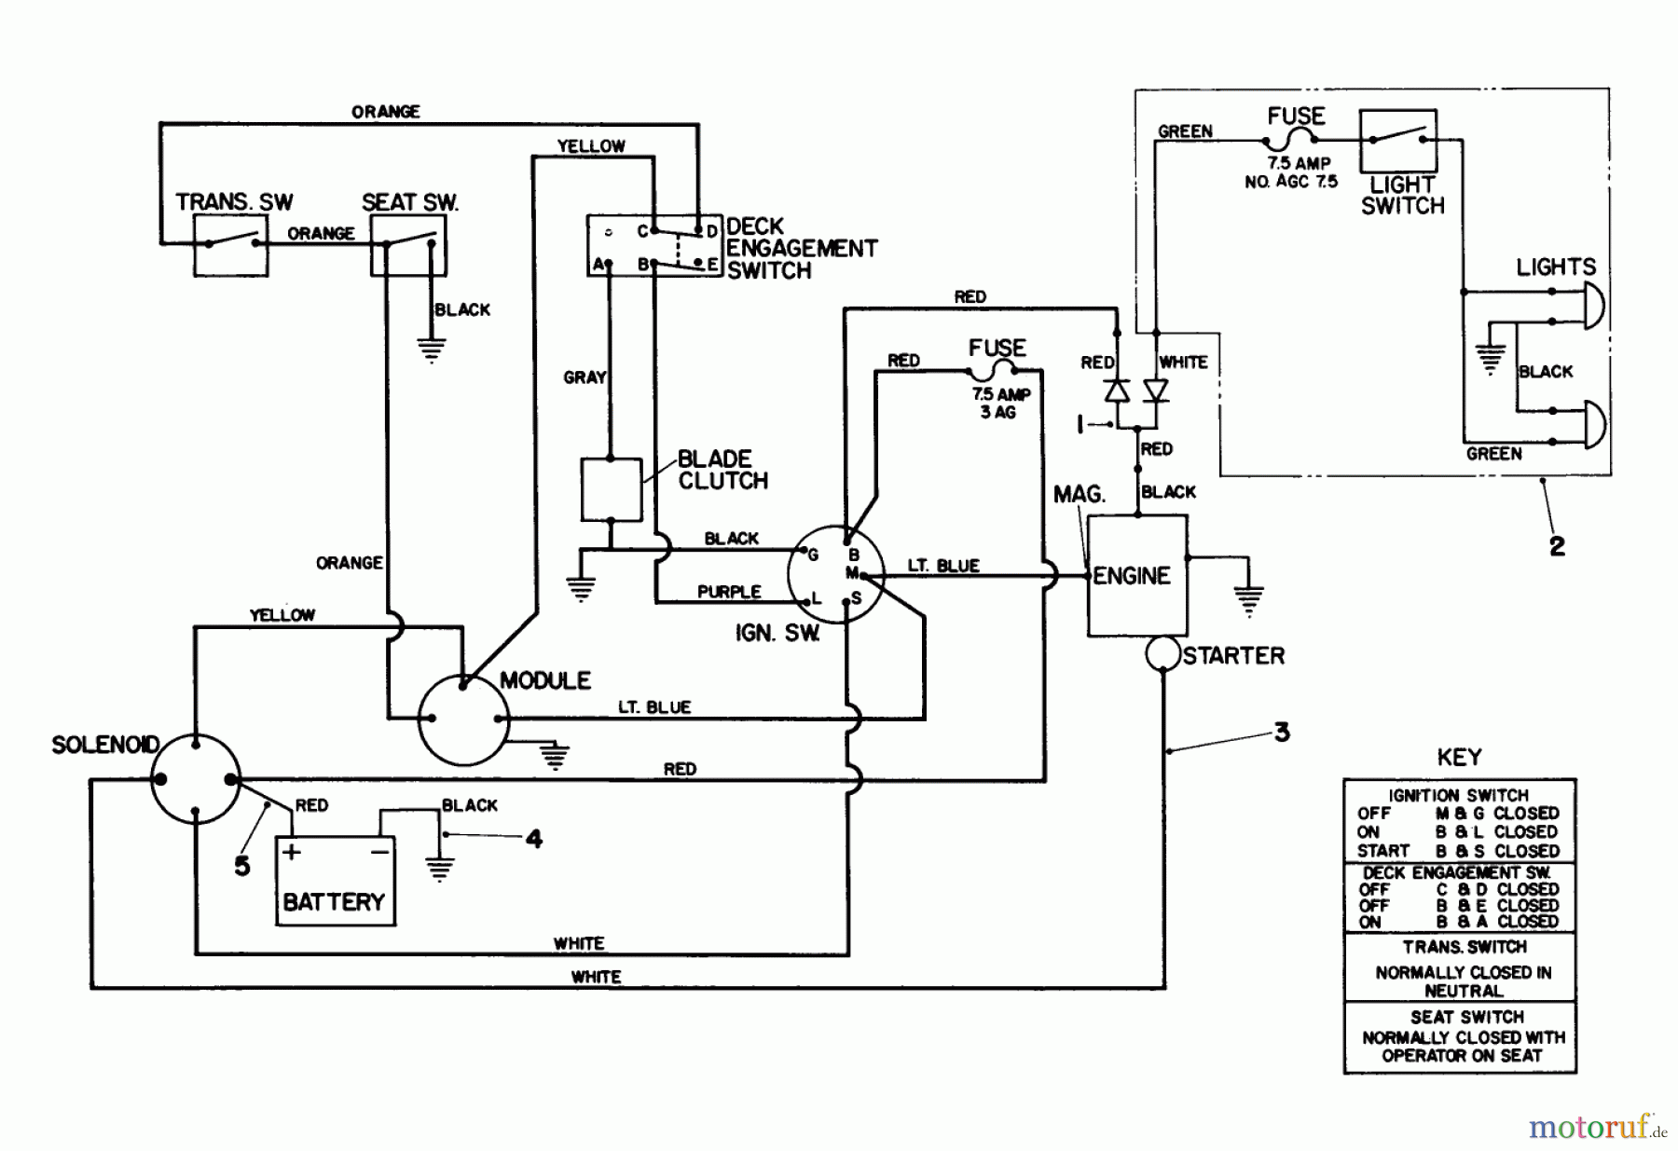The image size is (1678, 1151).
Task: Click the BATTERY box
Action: click(336, 881)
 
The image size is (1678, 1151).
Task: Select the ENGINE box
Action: click(1137, 576)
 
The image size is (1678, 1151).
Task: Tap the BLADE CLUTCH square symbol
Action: click(612, 489)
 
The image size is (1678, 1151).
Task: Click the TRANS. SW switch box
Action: click(231, 245)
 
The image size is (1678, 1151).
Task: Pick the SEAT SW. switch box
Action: click(408, 245)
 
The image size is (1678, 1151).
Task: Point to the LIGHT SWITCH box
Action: click(1397, 140)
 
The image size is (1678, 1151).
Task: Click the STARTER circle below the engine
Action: click(1162, 653)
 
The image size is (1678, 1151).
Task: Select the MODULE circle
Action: click(463, 719)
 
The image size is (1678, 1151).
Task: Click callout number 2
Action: click(1557, 546)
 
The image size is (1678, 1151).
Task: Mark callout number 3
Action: click(1282, 733)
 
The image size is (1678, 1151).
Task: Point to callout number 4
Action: click(533, 839)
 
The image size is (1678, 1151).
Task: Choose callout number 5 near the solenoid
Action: click(242, 866)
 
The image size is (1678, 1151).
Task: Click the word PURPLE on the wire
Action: click(729, 592)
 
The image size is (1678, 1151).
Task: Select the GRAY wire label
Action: click(585, 377)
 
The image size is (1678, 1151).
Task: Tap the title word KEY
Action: click(1459, 757)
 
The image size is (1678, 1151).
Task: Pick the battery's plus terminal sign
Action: click(292, 852)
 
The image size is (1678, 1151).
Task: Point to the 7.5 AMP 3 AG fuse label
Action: click(1000, 403)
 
